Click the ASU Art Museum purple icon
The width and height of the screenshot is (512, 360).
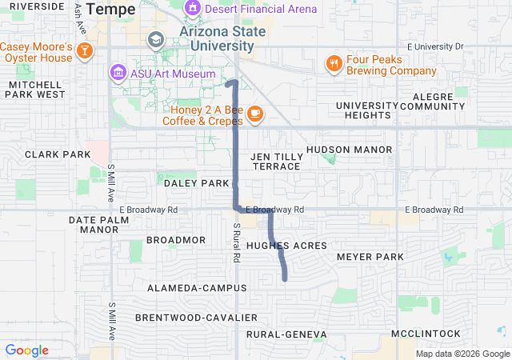click(118, 74)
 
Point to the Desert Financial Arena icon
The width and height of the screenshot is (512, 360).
click(192, 10)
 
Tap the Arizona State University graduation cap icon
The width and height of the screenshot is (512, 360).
click(155, 39)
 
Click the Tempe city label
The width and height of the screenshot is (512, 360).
click(110, 9)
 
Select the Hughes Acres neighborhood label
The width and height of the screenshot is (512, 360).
click(278, 246)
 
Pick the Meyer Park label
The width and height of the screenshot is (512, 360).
click(370, 257)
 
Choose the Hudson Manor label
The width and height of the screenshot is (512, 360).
click(349, 150)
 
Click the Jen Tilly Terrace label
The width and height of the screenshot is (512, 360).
click(276, 161)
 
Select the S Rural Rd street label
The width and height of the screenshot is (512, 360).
click(237, 237)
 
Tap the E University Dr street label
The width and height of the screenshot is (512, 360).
click(436, 46)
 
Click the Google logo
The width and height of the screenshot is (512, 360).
click(26, 350)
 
